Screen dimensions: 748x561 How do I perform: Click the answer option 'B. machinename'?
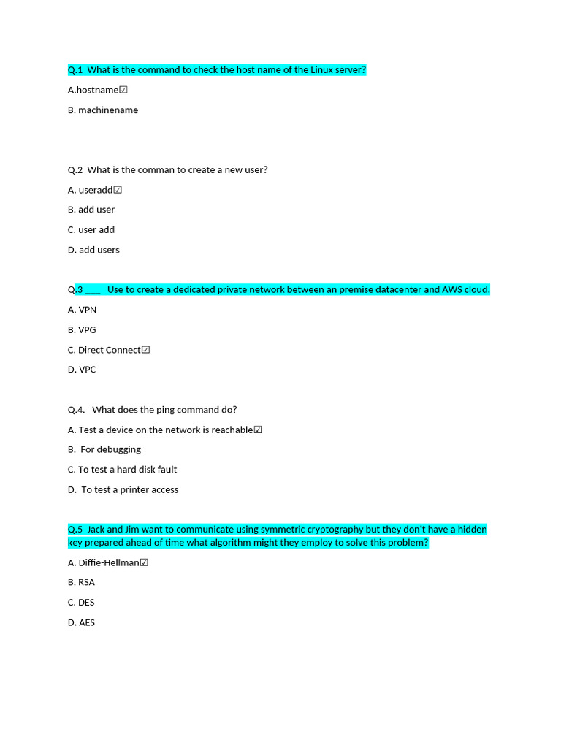point(103,110)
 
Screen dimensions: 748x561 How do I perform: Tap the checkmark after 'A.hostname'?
point(123,90)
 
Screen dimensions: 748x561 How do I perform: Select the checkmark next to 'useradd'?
point(118,190)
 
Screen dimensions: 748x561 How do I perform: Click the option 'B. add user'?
point(91,210)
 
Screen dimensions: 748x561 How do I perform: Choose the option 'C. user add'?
point(91,229)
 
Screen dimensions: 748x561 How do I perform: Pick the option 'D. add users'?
point(93,250)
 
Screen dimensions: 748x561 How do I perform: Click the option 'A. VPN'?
point(82,310)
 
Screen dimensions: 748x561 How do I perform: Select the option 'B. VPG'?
point(82,329)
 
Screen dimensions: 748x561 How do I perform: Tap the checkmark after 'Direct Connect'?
point(146,350)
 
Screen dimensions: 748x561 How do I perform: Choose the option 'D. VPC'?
point(82,370)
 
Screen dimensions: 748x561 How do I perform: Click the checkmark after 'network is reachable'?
point(258,430)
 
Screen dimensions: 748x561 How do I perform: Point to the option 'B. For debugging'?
point(104,449)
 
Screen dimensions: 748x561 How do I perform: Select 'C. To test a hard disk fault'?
point(122,470)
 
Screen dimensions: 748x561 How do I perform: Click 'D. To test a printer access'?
point(123,489)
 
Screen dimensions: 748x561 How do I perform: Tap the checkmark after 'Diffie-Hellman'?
point(144,562)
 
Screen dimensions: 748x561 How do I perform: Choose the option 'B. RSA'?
point(81,582)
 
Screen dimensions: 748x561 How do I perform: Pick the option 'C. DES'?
point(81,603)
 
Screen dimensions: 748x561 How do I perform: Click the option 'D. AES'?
point(81,622)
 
